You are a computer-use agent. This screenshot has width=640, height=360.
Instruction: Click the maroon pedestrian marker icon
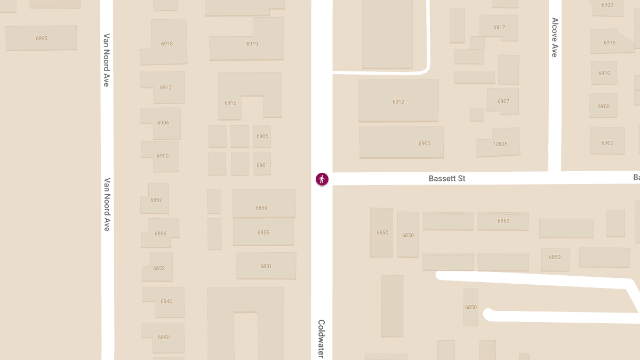pyautogui.click(x=322, y=179)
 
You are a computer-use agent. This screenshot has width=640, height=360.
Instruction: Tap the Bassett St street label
pyautogui.click(x=447, y=179)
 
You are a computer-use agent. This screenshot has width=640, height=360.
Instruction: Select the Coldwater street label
pyautogui.click(x=322, y=339)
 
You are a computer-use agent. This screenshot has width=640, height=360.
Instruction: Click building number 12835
pyautogui.click(x=500, y=144)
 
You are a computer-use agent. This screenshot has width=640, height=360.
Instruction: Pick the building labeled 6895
pyautogui.click(x=42, y=38)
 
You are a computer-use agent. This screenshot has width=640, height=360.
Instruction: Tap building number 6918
pyautogui.click(x=167, y=44)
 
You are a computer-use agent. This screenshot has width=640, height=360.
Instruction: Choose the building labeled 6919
pyautogui.click(x=252, y=44)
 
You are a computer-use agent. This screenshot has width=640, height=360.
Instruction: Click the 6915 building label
pyautogui.click(x=230, y=103)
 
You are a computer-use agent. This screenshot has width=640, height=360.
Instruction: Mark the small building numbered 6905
pyautogui.click(x=262, y=136)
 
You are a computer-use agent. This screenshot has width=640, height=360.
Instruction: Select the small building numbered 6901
pyautogui.click(x=262, y=165)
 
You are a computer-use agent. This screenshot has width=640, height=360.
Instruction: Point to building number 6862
pyautogui.click(x=156, y=200)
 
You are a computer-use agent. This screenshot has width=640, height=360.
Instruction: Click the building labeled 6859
pyautogui.click(x=261, y=208)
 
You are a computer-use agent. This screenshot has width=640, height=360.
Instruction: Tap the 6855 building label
pyautogui.click(x=263, y=233)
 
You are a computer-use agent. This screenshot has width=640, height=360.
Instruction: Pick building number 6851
pyautogui.click(x=266, y=266)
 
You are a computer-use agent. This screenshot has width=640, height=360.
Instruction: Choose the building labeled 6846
pyautogui.click(x=166, y=301)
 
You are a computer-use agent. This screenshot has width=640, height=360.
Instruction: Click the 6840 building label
pyautogui.click(x=164, y=337)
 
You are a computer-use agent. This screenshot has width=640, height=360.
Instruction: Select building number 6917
pyautogui.click(x=499, y=27)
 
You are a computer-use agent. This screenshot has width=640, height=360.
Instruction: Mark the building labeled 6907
pyautogui.click(x=503, y=101)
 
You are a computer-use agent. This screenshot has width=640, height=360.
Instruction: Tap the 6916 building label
pyautogui.click(x=610, y=43)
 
